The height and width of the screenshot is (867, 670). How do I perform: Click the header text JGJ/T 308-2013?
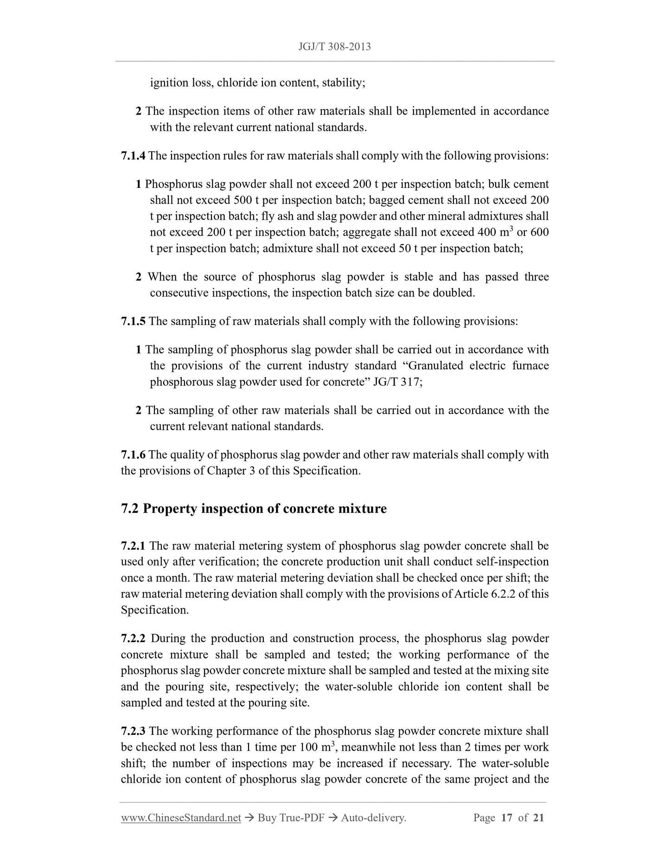click(x=335, y=47)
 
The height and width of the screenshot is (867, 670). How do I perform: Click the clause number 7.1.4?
click(x=133, y=156)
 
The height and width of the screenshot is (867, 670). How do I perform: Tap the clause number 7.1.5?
click(x=133, y=321)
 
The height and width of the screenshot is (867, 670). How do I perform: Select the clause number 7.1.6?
click(x=133, y=455)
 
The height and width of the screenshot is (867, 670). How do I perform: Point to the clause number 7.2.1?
click(x=133, y=546)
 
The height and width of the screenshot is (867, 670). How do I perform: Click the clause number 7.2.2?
click(x=133, y=639)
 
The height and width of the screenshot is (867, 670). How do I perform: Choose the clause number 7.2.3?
click(x=133, y=731)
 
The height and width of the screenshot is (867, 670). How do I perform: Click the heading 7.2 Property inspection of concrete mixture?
click(x=254, y=509)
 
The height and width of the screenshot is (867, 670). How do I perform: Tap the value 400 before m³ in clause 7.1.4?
click(x=487, y=232)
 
